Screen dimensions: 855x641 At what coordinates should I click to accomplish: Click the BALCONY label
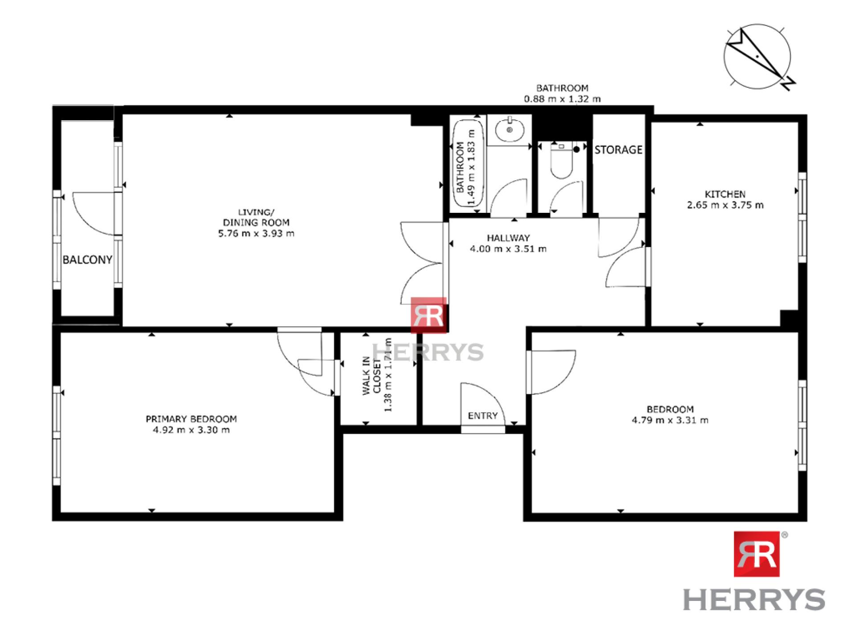[87, 260]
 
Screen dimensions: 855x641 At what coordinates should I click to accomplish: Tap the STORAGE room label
[619, 150]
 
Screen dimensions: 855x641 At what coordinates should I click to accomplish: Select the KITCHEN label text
[725, 194]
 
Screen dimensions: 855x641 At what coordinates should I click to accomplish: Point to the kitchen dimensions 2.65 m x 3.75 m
[725, 205]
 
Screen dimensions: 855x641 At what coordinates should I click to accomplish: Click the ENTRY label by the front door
[483, 416]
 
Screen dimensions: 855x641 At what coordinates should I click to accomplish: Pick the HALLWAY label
[508, 238]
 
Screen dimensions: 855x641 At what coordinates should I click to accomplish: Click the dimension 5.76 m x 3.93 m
[256, 233]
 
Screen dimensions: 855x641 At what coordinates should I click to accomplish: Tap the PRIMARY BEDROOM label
[191, 419]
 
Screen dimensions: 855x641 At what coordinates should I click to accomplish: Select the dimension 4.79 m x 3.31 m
[670, 420]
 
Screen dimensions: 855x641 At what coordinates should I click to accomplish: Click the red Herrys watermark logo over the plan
[428, 315]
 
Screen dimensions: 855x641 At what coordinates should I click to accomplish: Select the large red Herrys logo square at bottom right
[757, 554]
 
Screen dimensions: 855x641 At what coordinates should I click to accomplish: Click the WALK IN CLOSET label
[371, 375]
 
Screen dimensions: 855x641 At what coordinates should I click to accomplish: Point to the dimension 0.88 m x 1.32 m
[562, 99]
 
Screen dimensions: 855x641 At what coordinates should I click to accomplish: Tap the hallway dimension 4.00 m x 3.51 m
[508, 249]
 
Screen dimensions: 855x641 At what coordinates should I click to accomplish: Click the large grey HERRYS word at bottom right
[754, 599]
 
